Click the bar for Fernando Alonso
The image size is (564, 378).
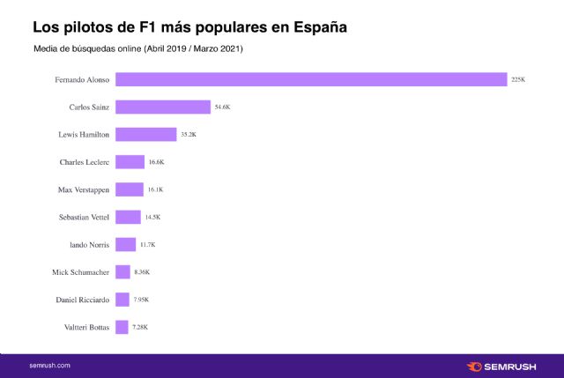(310, 79)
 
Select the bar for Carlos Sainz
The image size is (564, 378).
(162, 107)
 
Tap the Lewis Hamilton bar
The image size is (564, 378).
(145, 135)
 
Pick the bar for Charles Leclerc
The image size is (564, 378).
(130, 162)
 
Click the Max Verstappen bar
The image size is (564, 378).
(129, 189)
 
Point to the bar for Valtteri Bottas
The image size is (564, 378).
(122, 327)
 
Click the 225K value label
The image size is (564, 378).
(518, 79)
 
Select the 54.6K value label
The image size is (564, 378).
(224, 107)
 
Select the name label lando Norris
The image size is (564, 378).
(87, 244)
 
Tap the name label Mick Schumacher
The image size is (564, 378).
(80, 272)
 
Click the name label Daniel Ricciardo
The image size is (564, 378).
(81, 300)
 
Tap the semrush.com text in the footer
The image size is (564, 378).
(50, 365)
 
